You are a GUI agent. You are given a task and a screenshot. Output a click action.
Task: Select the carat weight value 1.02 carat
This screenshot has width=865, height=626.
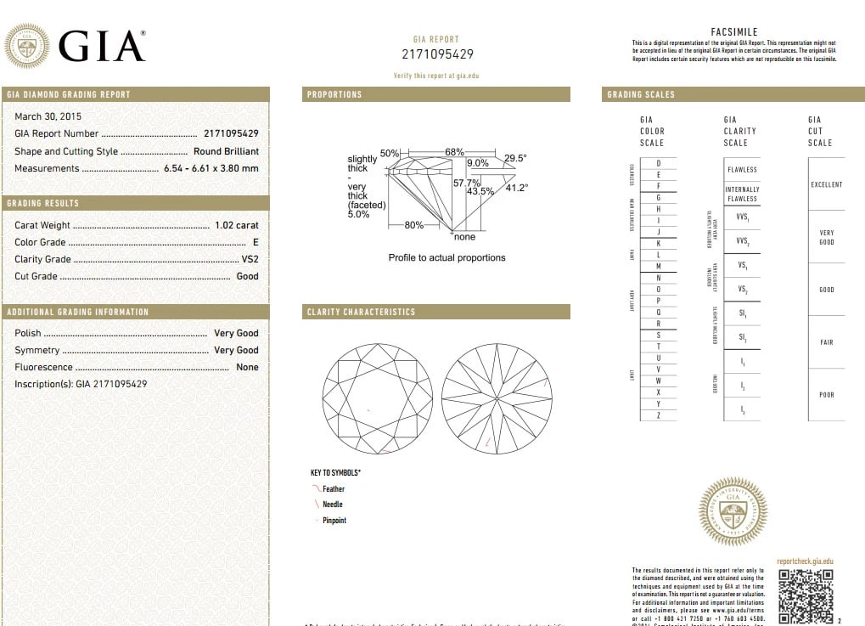(236, 225)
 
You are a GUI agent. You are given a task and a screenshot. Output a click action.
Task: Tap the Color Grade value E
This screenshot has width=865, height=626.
(256, 242)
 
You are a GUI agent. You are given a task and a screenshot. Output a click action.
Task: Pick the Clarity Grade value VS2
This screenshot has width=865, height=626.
(250, 259)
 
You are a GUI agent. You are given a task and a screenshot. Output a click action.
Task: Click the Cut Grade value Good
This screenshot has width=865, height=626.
(247, 276)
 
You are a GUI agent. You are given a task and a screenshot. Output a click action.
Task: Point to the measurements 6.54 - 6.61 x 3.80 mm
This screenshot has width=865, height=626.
(211, 168)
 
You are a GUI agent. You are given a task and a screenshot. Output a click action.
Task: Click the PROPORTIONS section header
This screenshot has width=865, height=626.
(334, 94)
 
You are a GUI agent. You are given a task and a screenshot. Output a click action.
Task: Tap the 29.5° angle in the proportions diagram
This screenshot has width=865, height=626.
(515, 157)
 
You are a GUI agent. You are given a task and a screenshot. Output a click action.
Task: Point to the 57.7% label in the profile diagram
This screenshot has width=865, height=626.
(466, 183)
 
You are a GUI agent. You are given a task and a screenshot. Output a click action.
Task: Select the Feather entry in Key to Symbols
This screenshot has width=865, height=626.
(333, 489)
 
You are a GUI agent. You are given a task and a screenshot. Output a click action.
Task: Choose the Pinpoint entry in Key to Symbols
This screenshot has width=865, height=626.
(334, 520)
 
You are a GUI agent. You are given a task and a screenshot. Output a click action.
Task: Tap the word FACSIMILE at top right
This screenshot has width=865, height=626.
(733, 31)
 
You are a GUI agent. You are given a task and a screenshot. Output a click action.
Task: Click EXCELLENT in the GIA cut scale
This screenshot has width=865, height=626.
(826, 184)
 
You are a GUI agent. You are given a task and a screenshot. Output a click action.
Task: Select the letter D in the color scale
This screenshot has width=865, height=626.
(658, 163)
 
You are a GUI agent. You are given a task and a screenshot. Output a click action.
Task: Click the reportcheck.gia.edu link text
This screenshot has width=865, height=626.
(805, 561)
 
